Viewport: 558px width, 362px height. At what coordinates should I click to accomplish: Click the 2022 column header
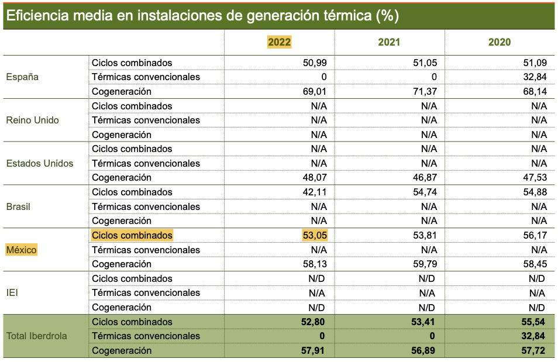coord(279,42)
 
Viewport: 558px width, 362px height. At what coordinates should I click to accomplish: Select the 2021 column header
coord(389,42)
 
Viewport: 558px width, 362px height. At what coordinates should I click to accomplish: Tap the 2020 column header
coord(499,42)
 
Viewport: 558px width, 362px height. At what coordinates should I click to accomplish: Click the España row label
coord(22,77)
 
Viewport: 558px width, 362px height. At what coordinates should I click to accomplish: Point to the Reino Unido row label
coord(32,120)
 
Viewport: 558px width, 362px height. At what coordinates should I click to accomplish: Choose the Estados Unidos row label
coord(40,163)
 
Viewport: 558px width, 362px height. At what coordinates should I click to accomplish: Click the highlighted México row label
coord(22,250)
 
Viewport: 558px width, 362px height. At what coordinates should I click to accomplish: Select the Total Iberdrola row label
coord(36,336)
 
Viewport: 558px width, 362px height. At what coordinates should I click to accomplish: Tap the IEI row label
coord(12,292)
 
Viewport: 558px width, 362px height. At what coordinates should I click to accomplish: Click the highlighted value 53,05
coord(315,235)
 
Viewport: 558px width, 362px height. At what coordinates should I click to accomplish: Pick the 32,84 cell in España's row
coord(535,77)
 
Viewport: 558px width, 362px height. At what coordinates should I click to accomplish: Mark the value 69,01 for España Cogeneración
coord(315,91)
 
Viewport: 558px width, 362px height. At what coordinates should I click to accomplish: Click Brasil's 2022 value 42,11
coord(315,192)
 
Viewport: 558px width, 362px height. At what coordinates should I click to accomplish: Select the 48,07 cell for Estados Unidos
coord(315,177)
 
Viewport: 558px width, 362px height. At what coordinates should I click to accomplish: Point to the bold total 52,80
coord(314,322)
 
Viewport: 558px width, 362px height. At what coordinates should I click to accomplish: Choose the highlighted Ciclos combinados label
coord(132,235)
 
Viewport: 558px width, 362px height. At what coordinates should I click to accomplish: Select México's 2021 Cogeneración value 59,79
coord(425,264)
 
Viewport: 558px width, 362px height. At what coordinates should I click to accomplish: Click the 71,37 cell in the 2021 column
coord(425,91)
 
